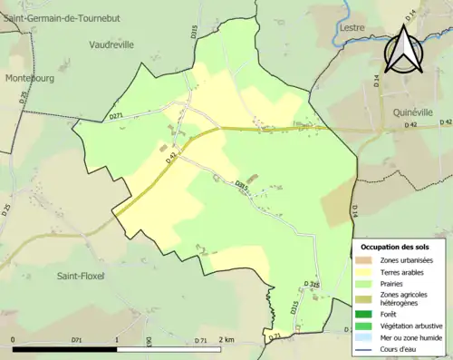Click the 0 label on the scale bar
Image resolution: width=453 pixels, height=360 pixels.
(x=14, y=340)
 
